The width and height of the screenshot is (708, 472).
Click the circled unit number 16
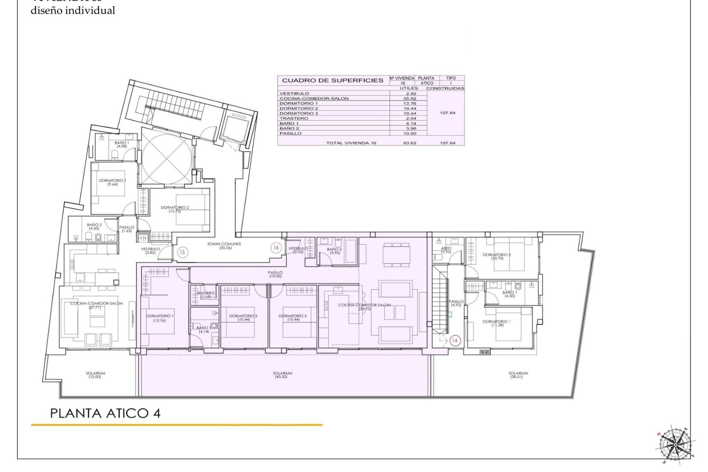click(276, 248)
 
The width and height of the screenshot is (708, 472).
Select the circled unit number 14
click(455, 341)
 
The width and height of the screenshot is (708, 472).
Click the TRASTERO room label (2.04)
click(205, 295)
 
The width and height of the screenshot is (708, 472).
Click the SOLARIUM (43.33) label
click(282, 375)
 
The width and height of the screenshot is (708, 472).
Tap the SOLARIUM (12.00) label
click(96, 375)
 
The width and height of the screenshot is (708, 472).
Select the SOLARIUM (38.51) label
click(518, 375)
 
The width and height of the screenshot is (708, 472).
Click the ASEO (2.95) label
click(446, 250)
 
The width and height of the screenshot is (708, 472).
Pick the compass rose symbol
click(675, 445)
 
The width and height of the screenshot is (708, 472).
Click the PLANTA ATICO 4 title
click(105, 413)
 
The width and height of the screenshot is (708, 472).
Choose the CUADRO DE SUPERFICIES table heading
click(333, 80)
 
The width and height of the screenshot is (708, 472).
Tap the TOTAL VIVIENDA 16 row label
click(351, 143)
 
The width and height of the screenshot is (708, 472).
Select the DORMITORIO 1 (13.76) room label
click(159, 318)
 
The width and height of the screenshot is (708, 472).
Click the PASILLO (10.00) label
click(275, 274)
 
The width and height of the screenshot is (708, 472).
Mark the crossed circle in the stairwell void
click(167, 157)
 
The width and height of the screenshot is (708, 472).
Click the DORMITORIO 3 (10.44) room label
click(292, 318)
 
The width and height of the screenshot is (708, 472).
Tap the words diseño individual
click(73, 11)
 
